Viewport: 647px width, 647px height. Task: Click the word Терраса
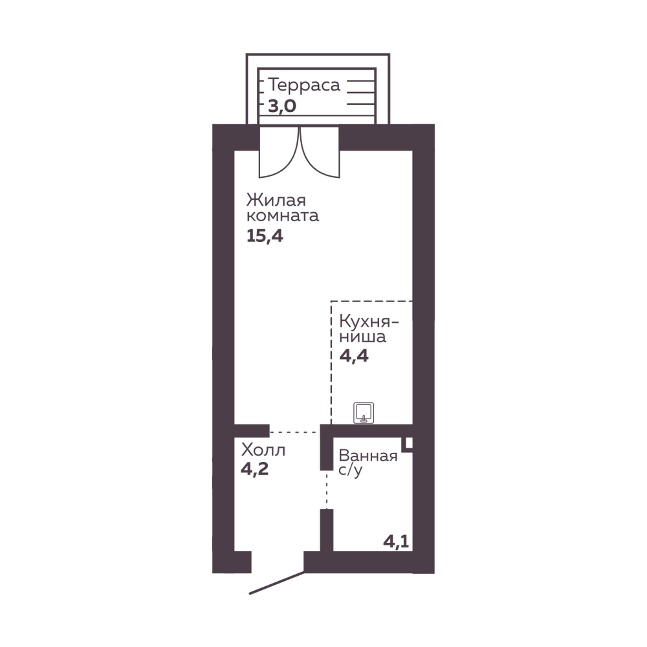(x=304, y=85)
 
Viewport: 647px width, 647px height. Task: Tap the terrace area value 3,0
(x=282, y=107)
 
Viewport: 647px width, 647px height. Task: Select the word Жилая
(x=276, y=200)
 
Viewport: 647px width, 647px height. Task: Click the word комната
(x=283, y=216)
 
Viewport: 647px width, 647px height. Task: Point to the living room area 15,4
(x=265, y=236)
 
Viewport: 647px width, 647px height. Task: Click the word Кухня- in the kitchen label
(x=369, y=322)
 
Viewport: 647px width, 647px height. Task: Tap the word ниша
(x=363, y=336)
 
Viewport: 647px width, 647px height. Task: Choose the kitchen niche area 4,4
(x=354, y=356)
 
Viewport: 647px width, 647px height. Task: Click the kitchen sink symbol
(x=364, y=413)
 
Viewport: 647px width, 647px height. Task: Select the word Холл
(x=263, y=450)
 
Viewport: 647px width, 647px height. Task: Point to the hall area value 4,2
(x=254, y=468)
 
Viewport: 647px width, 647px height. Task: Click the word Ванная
(x=368, y=456)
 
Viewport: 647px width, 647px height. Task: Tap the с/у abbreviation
(x=350, y=470)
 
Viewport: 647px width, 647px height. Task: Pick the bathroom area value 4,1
(x=396, y=542)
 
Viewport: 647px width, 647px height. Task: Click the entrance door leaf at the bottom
(x=277, y=583)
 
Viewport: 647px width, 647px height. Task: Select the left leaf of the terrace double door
(x=279, y=153)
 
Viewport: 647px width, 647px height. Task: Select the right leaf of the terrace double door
(x=320, y=153)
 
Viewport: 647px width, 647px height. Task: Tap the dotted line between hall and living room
(x=295, y=432)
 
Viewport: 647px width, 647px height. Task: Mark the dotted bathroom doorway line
(x=327, y=490)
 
